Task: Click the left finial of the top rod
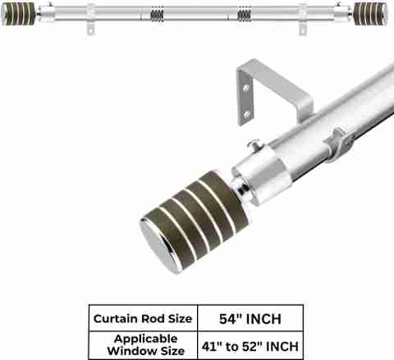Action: [18, 14]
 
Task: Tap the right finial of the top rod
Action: [370, 13]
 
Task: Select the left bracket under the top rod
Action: [91, 29]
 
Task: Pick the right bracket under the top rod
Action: [302, 29]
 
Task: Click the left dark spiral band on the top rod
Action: [157, 15]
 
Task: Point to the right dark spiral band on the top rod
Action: [244, 15]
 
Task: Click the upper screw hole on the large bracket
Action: [246, 88]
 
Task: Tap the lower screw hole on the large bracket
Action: [246, 114]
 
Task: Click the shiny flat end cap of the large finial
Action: [158, 244]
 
